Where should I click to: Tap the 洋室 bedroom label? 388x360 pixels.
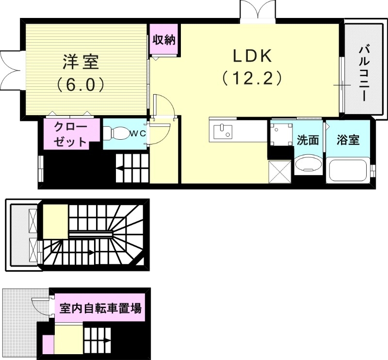pos(81,62)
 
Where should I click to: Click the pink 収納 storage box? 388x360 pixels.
pos(164,40)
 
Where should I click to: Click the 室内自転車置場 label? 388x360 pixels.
pos(100,308)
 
